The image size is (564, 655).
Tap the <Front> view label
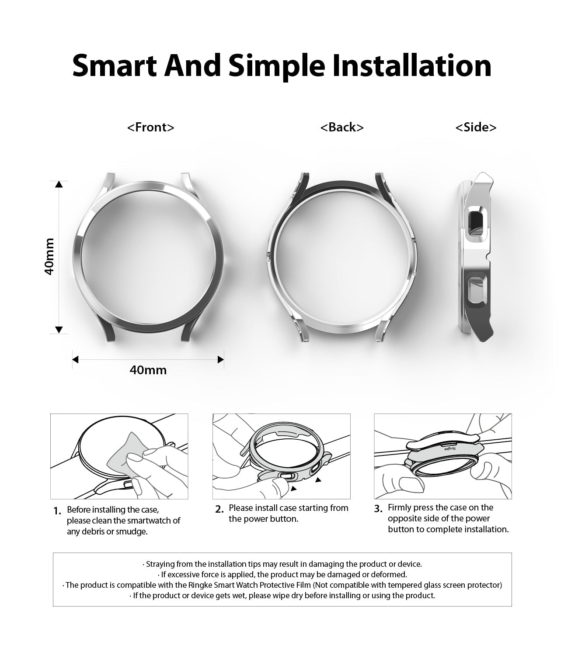(151, 127)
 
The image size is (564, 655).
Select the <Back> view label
(342, 127)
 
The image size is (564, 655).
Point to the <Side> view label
(476, 127)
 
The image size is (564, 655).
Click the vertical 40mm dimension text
(49, 256)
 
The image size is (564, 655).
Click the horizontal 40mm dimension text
(148, 370)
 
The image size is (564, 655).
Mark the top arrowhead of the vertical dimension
(59, 184)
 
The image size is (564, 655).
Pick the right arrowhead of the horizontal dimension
(220, 360)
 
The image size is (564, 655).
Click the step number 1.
(57, 511)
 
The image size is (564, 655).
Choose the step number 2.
(219, 509)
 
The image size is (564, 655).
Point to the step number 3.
(378, 509)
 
